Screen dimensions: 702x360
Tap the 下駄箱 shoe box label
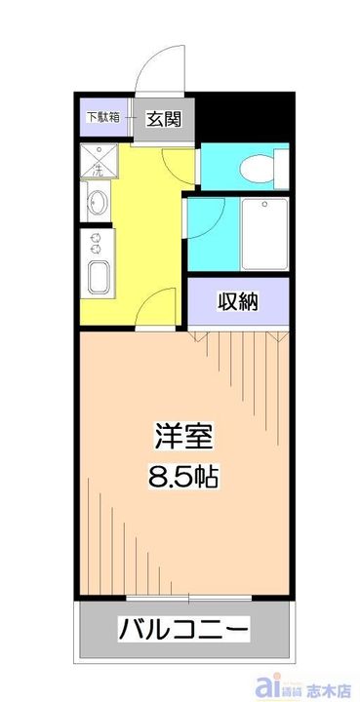(103, 118)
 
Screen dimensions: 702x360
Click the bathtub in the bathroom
(262, 234)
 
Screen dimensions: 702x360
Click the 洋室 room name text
(182, 436)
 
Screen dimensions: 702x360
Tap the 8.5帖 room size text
(182, 478)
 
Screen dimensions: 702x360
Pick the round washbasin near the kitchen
(99, 204)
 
